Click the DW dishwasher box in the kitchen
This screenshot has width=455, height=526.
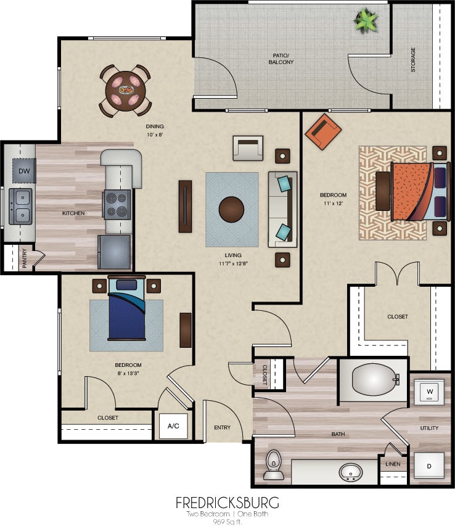tap(24, 170)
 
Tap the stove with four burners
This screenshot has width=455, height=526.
tap(117, 205)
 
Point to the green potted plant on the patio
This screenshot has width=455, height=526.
tap(366, 22)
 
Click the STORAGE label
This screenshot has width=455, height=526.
tap(413, 60)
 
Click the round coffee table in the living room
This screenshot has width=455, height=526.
tap(232, 208)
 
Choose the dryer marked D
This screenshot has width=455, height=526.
tap(428, 466)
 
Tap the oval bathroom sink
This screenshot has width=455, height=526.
tap(351, 472)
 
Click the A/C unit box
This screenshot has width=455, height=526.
tap(173, 426)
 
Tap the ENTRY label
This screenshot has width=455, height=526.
tap(222, 427)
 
